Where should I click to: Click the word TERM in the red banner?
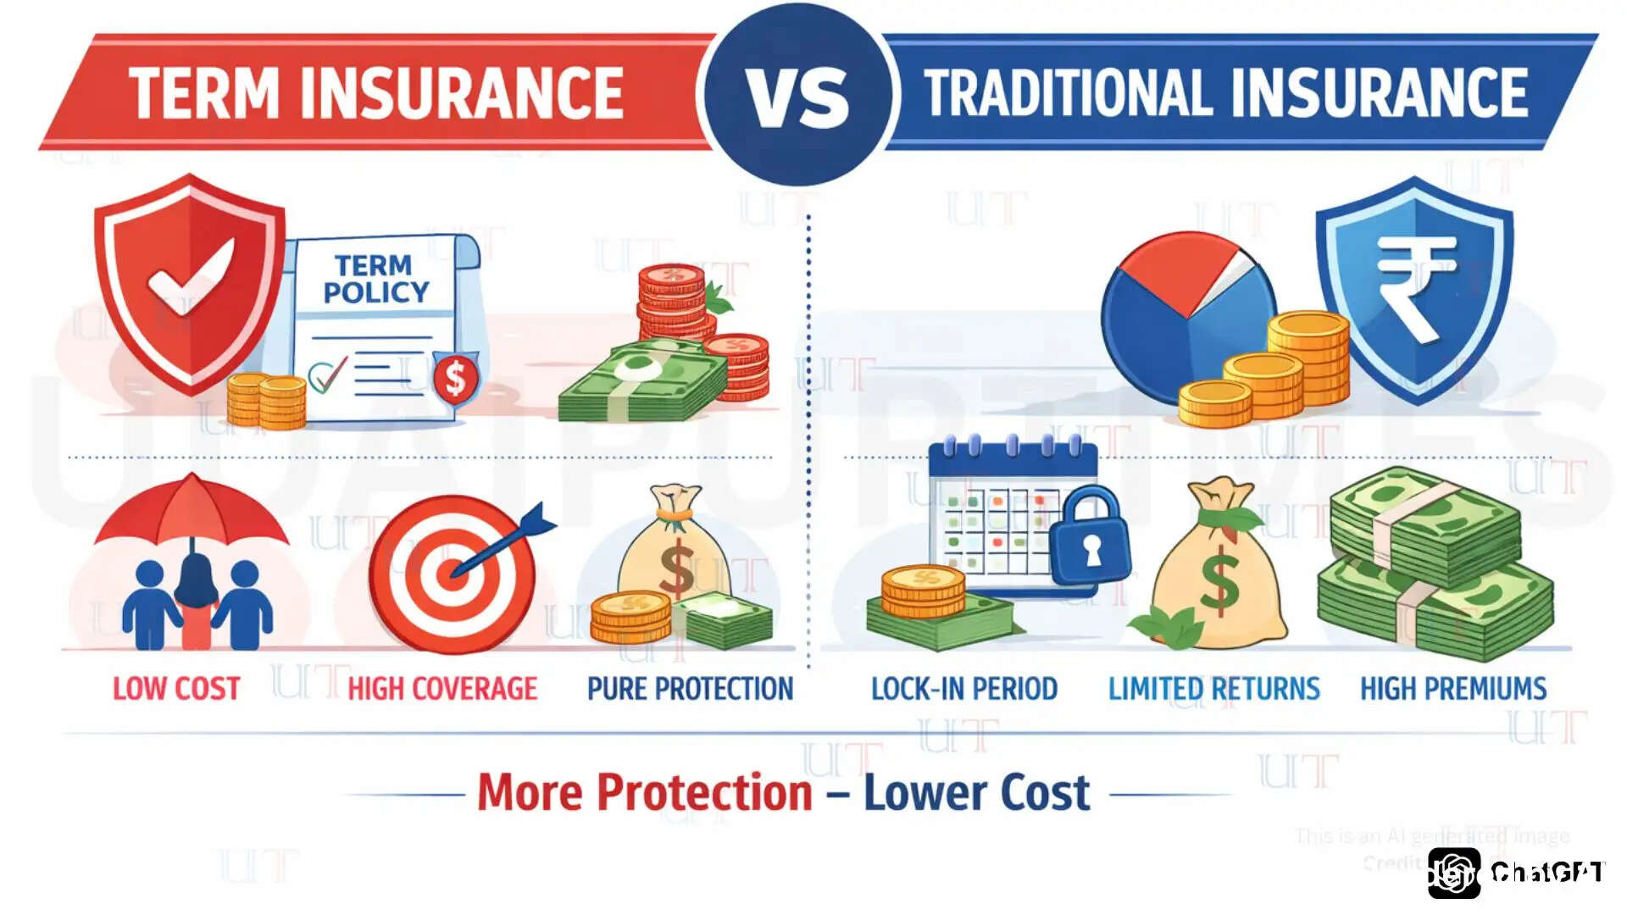[204, 93]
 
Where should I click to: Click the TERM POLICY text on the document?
[375, 279]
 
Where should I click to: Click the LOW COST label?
[176, 689]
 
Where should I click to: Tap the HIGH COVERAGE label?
[442, 689]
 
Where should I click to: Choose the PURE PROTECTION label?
[690, 689]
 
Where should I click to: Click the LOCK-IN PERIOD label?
[964, 689]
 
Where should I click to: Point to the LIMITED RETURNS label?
[1213, 689]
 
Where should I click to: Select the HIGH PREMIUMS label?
[1453, 689]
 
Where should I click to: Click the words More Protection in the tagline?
[645, 793]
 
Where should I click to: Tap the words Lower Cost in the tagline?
[976, 793]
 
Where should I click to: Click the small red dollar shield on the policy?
[456, 378]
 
